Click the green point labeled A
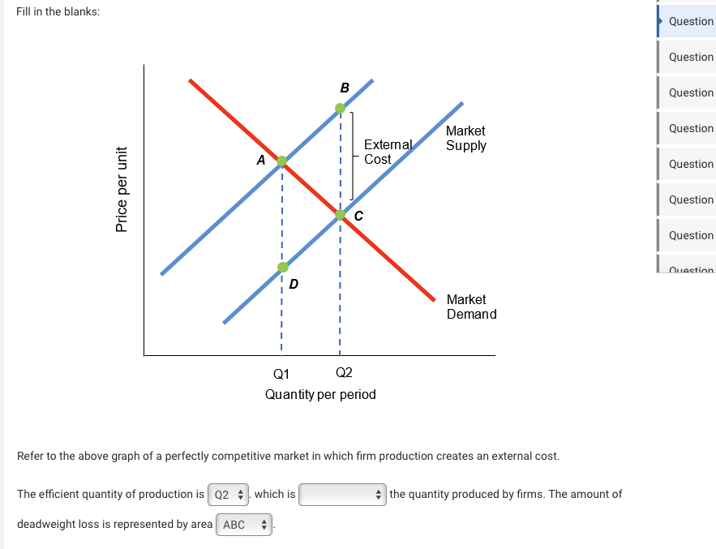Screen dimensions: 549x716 (x=281, y=161)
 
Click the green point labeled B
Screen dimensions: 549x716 (x=341, y=106)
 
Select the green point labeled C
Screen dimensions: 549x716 (x=341, y=214)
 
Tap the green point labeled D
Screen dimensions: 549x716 (x=282, y=267)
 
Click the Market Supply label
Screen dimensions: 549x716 (x=465, y=138)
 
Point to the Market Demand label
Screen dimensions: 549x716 (x=471, y=307)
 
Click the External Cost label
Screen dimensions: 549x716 (x=388, y=152)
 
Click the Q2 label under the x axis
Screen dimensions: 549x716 (x=344, y=373)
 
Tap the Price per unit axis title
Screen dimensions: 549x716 (x=122, y=189)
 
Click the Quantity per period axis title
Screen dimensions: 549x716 (x=320, y=395)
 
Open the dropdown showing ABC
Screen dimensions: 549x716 (x=244, y=525)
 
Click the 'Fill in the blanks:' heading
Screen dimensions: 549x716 (x=58, y=13)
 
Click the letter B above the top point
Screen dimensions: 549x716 (x=345, y=88)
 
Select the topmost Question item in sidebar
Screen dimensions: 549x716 (x=690, y=21)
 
